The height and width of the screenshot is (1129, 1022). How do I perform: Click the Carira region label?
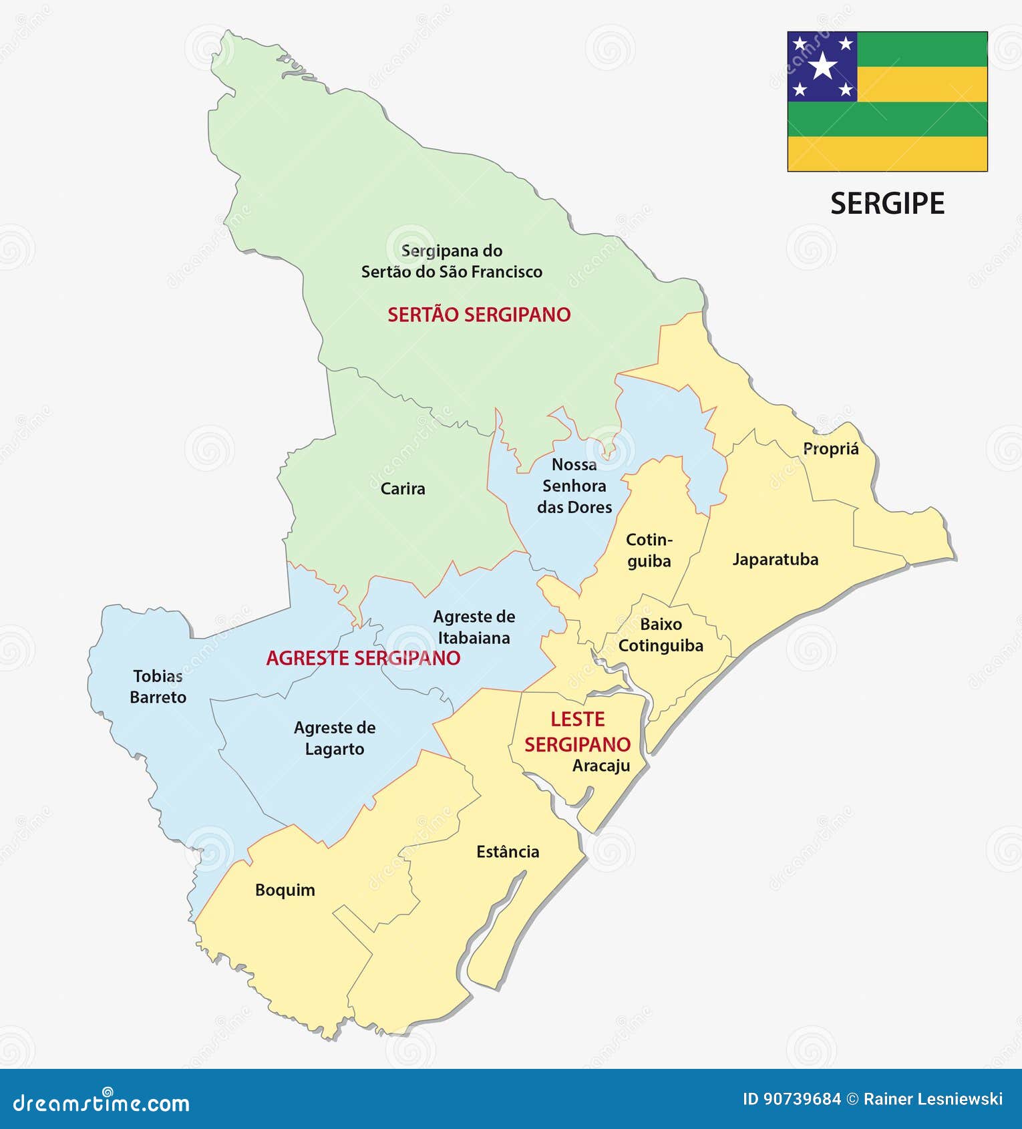coord(403,488)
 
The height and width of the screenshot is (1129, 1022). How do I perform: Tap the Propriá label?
coord(830,449)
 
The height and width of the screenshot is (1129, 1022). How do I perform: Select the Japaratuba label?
coord(775,559)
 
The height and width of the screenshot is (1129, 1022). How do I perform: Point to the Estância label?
coord(508,852)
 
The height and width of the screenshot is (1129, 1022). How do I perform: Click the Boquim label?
coord(285,890)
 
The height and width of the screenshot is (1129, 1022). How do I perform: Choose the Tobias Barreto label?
coord(158,687)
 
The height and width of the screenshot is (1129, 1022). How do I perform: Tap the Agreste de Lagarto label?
coord(335,738)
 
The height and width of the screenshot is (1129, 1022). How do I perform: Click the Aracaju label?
coord(601,766)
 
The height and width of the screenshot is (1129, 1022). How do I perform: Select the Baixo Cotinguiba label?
coord(661,635)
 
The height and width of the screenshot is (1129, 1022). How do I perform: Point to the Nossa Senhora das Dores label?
coord(574,486)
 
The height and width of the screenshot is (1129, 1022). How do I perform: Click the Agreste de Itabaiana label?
coord(474,627)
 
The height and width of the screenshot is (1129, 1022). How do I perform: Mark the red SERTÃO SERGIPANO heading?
coord(479,315)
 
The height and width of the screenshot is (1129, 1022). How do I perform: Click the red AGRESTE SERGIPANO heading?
coord(363,658)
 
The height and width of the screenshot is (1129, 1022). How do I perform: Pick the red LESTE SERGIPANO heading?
coord(577,732)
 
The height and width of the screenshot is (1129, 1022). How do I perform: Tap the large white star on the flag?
coord(823,65)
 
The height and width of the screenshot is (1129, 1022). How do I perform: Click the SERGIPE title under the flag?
coord(887,204)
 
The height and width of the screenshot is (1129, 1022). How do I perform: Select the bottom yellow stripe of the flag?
coord(887,154)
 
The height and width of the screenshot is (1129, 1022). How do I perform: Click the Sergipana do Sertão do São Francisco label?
coord(452,261)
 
